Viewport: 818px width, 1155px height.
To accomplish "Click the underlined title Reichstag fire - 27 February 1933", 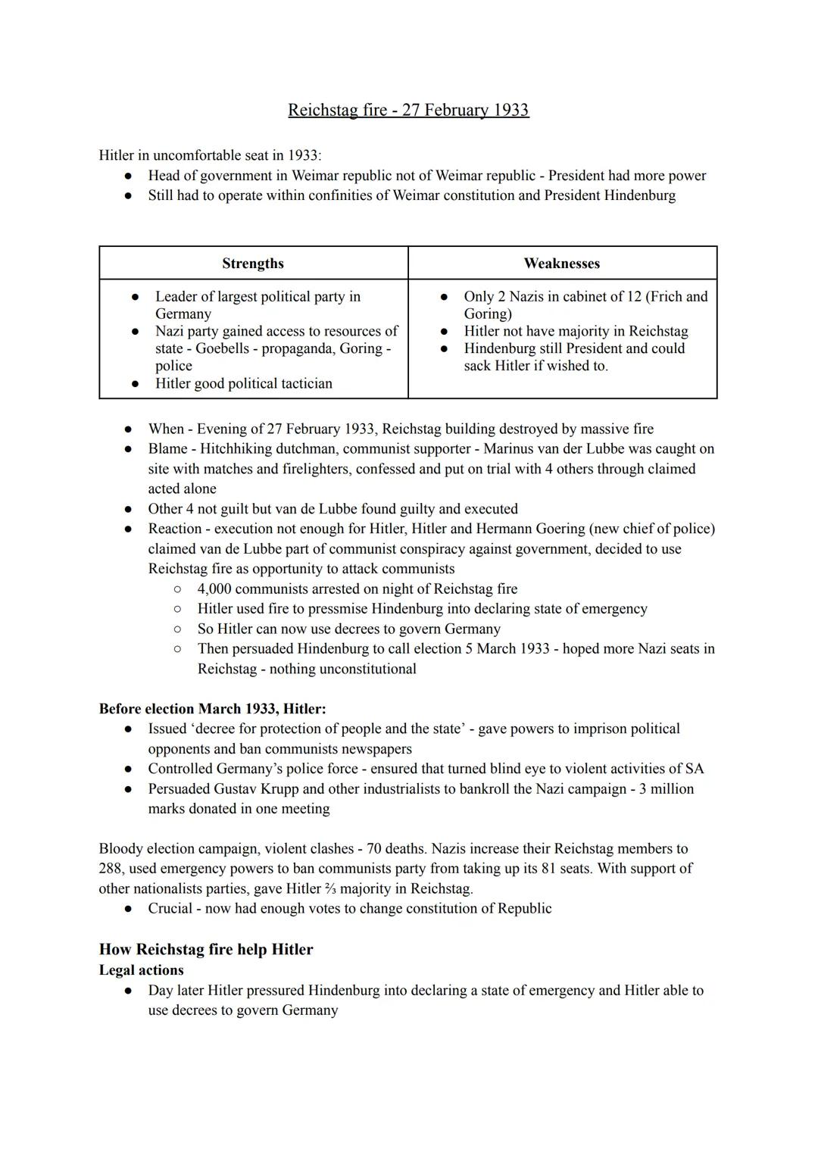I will [x=408, y=110].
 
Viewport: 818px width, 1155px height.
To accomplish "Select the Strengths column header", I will [x=253, y=264].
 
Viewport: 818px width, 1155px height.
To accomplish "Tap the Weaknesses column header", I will [x=561, y=264].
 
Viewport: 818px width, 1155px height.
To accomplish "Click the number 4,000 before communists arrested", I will [x=218, y=588].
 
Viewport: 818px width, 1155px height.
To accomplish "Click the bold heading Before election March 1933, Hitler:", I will [x=213, y=709].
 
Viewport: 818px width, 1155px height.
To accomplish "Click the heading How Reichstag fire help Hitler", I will [x=206, y=950].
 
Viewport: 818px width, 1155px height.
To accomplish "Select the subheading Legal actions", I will [x=142, y=970].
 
